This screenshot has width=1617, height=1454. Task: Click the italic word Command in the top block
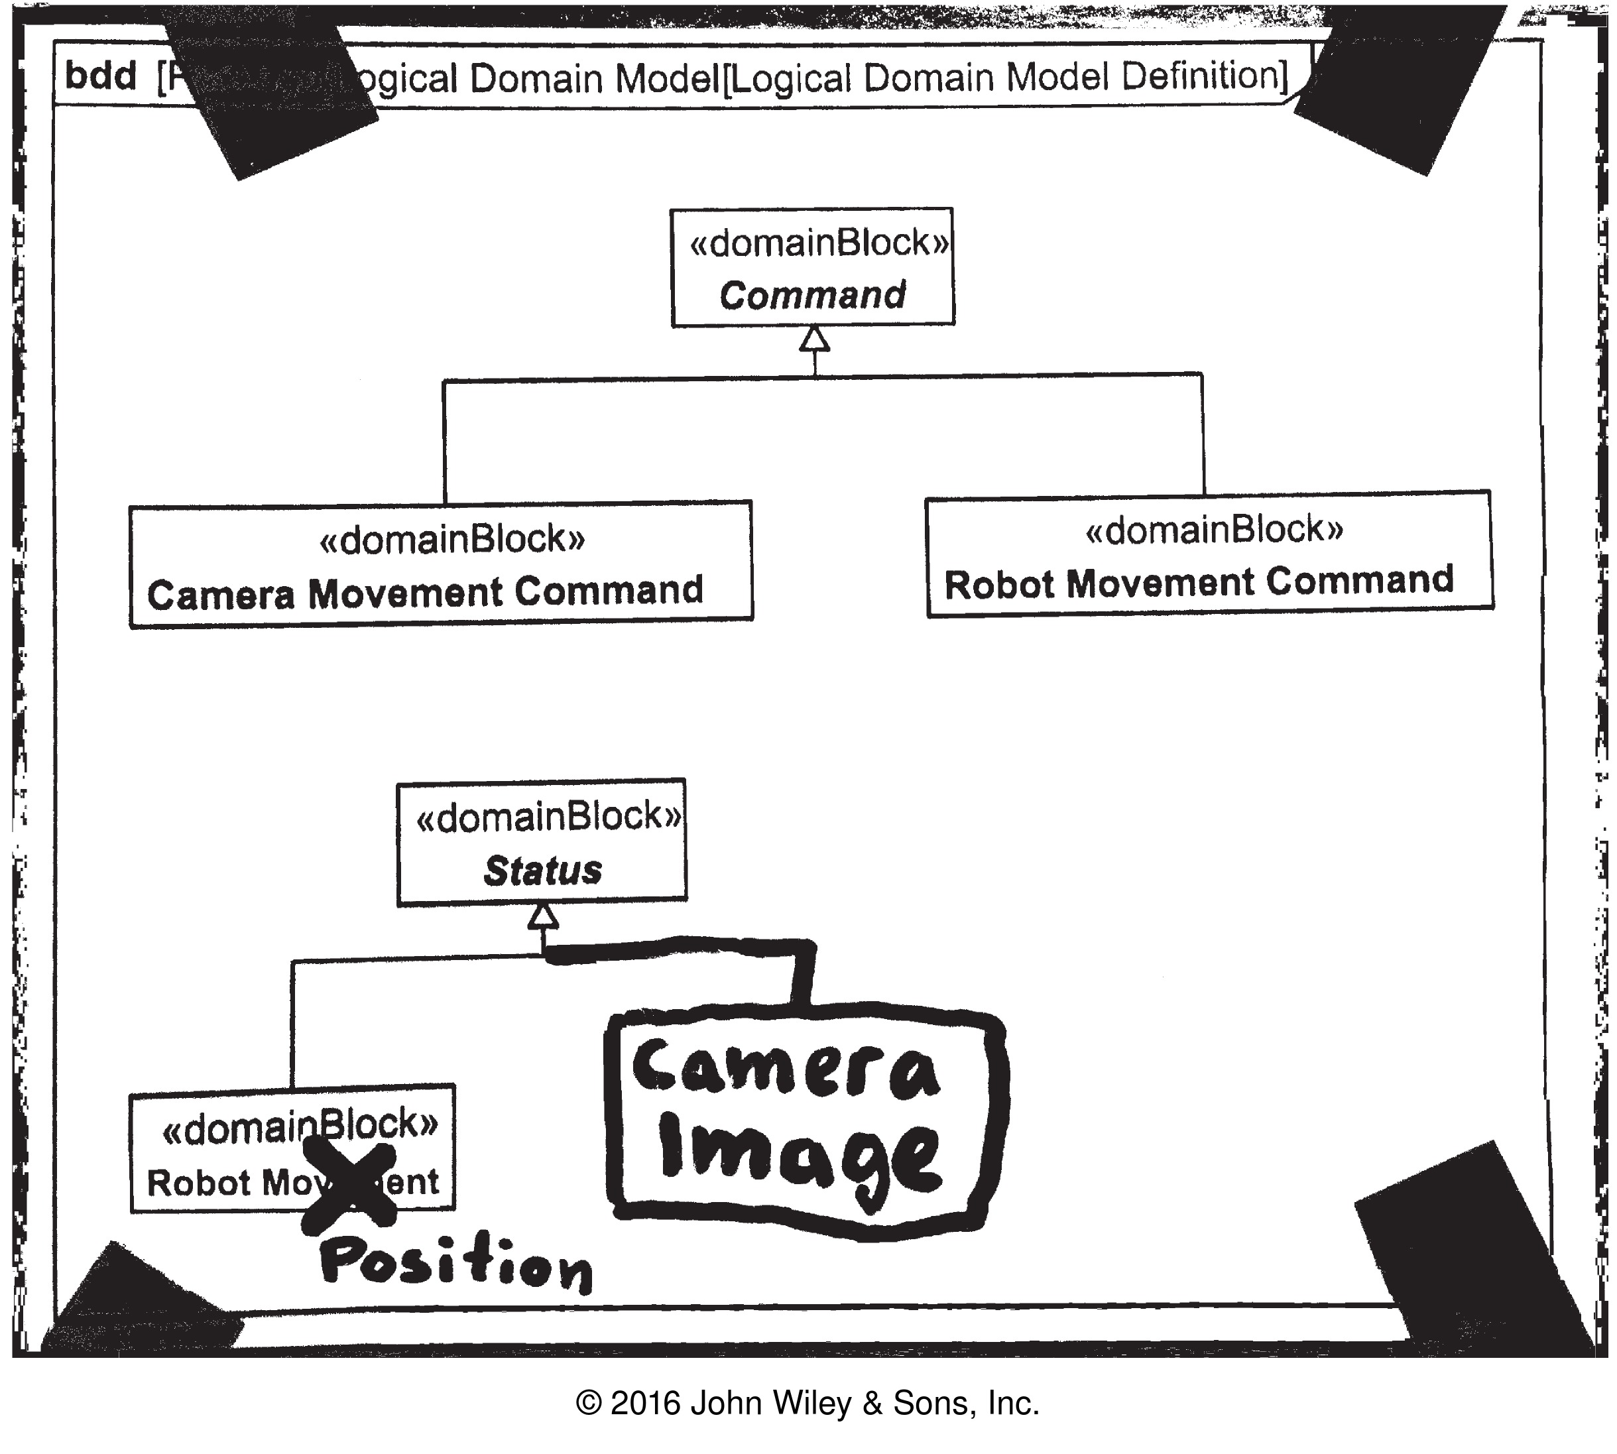click(813, 296)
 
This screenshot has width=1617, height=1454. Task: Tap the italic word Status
click(542, 871)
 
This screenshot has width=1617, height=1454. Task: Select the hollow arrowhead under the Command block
click(814, 339)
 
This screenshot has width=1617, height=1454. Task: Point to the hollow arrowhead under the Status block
click(542, 917)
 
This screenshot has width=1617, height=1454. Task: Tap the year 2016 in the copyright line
click(646, 1403)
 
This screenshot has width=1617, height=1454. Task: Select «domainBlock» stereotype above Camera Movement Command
click(452, 540)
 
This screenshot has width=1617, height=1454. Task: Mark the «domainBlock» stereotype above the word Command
click(819, 243)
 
